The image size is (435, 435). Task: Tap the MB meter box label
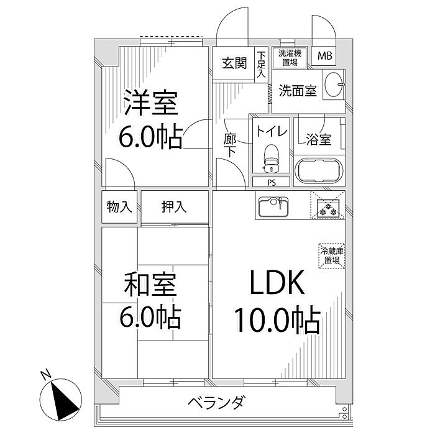pos(325,57)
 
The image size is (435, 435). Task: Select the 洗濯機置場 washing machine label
pos(288,57)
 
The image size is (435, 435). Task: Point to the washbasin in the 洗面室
pos(335,83)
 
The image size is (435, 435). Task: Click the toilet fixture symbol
pos(270,159)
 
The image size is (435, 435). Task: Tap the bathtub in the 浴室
pos(317,170)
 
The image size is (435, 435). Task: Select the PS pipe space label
pos(272,183)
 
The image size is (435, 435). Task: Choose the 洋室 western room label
pos(151,103)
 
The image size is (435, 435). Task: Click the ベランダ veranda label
pos(217,403)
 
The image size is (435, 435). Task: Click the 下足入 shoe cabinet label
pos(261,65)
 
